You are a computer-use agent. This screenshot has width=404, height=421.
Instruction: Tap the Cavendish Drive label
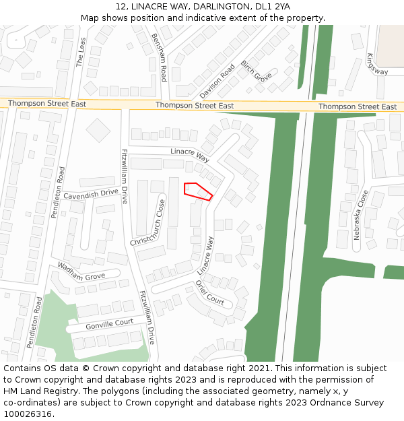90,195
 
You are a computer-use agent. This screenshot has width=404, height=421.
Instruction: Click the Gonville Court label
109,324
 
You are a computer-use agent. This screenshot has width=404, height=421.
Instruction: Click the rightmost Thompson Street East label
358,107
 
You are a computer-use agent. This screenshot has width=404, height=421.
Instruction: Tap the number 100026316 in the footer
28,414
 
